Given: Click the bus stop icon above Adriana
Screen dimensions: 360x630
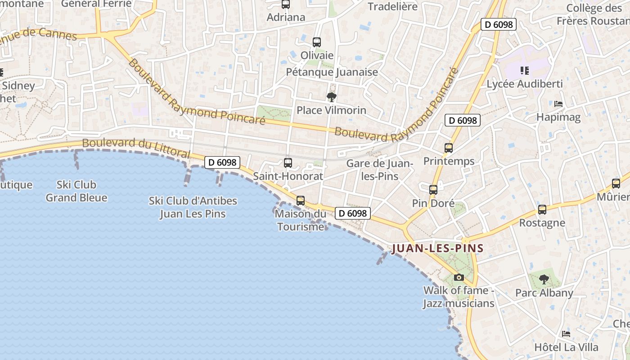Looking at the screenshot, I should pyautogui.click(x=286, y=4).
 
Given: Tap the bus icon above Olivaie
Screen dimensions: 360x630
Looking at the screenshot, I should pyautogui.click(x=317, y=42).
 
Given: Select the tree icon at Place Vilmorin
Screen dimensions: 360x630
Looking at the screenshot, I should pyautogui.click(x=332, y=97).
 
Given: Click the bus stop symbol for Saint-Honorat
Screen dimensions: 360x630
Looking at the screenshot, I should pyautogui.click(x=288, y=163).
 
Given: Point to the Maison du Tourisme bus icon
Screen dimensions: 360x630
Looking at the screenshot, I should pyautogui.click(x=301, y=201).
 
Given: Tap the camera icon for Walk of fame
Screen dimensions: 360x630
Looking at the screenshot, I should pyautogui.click(x=459, y=277).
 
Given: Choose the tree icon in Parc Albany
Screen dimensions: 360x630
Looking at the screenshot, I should pyautogui.click(x=544, y=279).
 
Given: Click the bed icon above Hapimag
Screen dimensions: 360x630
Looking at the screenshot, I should pyautogui.click(x=558, y=104).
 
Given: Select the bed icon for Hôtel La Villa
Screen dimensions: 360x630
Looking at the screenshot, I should pyautogui.click(x=566, y=334).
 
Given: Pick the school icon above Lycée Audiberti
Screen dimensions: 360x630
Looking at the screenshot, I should pyautogui.click(x=524, y=71).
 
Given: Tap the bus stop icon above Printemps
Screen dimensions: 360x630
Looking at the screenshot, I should pyautogui.click(x=449, y=148).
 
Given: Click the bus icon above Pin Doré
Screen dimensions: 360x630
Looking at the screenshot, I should pyautogui.click(x=433, y=190).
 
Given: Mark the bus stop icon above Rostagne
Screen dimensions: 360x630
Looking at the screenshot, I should pyautogui.click(x=542, y=210).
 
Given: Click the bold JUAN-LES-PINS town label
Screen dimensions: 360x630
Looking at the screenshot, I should pyautogui.click(x=438, y=248).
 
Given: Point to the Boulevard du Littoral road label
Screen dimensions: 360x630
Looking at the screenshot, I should pyautogui.click(x=136, y=147).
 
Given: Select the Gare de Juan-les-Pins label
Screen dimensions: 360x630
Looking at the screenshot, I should pyautogui.click(x=380, y=170).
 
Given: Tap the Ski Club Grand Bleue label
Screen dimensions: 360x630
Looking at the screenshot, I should pyautogui.click(x=76, y=191).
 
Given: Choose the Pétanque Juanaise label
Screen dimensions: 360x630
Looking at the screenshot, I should pyautogui.click(x=332, y=72).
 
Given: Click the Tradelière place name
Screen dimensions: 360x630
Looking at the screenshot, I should pyautogui.click(x=392, y=7).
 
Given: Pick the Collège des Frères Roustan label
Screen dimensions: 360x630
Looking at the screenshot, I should pyautogui.click(x=593, y=14).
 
